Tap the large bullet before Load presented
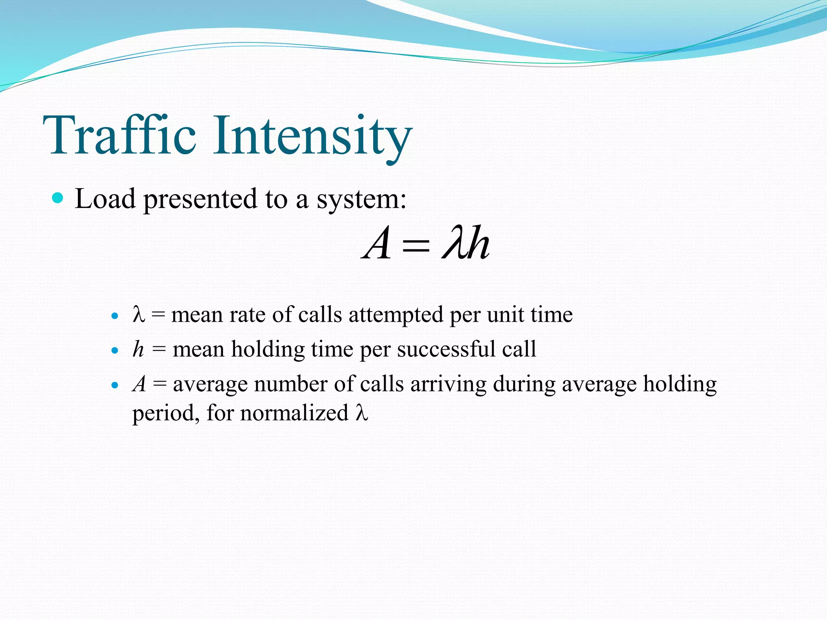[58, 198]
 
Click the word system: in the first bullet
[361, 200]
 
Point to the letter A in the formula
[377, 243]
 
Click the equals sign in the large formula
[416, 245]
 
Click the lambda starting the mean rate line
[139, 314]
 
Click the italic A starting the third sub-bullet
[139, 384]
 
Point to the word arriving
[448, 384]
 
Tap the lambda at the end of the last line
[362, 413]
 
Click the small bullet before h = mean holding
[115, 350]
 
